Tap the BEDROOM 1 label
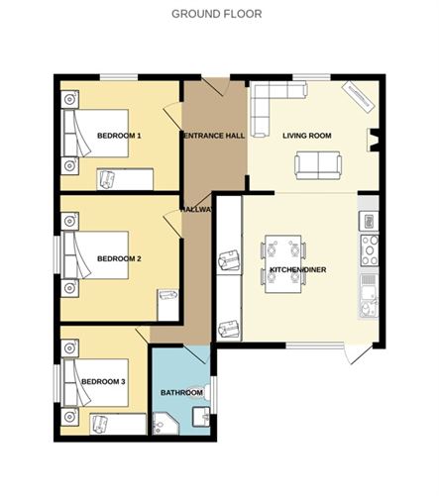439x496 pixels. [119, 135]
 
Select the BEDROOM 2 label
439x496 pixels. [119, 258]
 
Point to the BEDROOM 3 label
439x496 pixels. [103, 381]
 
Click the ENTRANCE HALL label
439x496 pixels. [213, 136]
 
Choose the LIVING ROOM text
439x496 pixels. [306, 136]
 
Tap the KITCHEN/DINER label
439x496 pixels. [298, 269]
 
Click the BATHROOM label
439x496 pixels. [181, 393]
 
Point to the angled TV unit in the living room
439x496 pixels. [357, 94]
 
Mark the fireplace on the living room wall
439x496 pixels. [375, 140]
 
